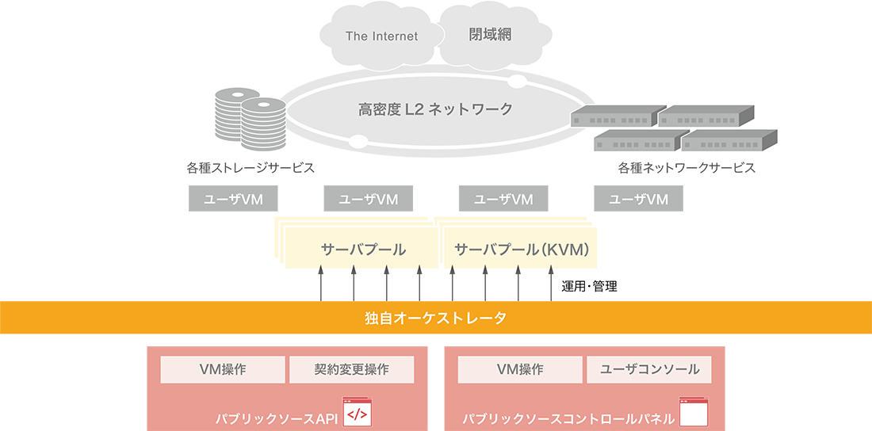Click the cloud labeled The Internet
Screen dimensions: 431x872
pos(381,36)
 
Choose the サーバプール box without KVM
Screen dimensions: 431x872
pos(362,249)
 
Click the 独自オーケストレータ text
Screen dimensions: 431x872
pos(435,319)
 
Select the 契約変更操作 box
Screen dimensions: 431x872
pos(351,369)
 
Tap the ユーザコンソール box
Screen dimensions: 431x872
pos(649,369)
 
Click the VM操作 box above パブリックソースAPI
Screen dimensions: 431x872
pos(223,369)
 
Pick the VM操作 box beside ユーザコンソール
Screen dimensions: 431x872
pos(520,369)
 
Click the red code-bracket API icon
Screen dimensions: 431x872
pos(357,413)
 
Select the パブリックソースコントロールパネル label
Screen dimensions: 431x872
pos(568,418)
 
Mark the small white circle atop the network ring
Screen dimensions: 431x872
pos(516,81)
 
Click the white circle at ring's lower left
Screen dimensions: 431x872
pos(358,143)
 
